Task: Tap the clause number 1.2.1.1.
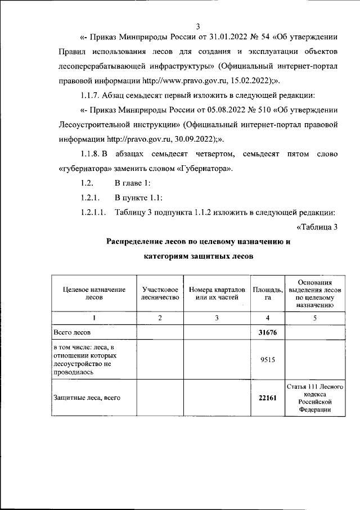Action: click(x=94, y=212)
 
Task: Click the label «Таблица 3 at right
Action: click(x=316, y=227)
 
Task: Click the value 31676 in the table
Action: click(x=268, y=332)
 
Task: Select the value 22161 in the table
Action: click(x=268, y=398)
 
